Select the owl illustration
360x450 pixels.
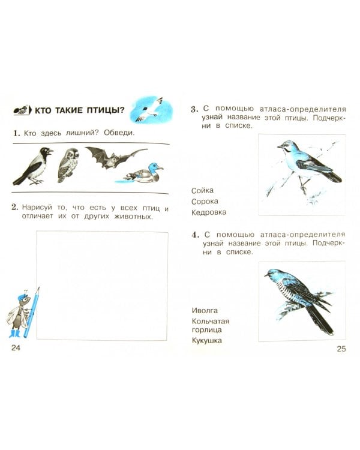[x=68, y=166]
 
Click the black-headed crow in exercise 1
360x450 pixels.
[x=33, y=166]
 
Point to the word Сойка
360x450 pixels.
[x=202, y=191]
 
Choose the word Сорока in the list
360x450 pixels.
[x=205, y=202]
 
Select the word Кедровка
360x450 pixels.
[x=209, y=212]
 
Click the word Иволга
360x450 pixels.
[x=205, y=311]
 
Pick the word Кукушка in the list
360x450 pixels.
[x=206, y=341]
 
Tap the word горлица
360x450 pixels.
[x=206, y=330]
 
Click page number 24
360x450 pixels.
[x=16, y=348]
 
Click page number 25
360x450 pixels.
[x=341, y=349]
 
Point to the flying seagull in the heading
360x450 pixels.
[x=149, y=109]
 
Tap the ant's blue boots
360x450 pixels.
[x=14, y=334]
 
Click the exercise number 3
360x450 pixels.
[x=194, y=109]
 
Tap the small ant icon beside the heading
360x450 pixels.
[x=22, y=110]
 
